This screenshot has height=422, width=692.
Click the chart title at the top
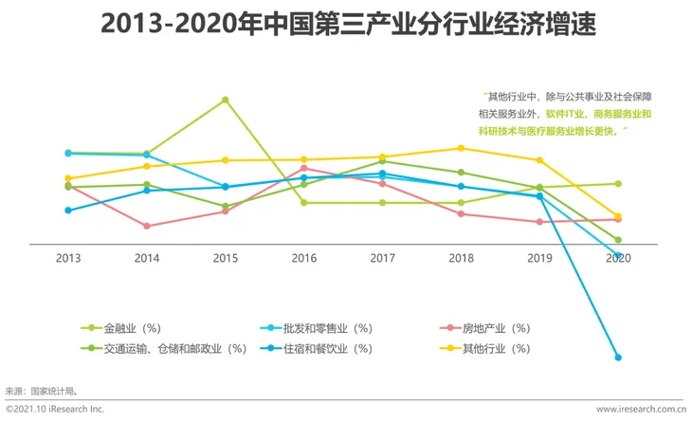coord(346,23)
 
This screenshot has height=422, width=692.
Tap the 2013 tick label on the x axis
coord(67,258)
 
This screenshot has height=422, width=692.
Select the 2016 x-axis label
coord(303,258)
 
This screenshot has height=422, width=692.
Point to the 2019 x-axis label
coord(539,258)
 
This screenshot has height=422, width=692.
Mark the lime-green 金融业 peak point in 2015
coord(225,100)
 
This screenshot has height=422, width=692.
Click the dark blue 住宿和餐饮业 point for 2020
coord(618,358)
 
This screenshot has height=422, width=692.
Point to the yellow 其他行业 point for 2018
coord(461,148)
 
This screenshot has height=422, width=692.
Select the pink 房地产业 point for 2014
coord(146,226)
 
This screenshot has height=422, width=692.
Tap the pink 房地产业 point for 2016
coord(303,168)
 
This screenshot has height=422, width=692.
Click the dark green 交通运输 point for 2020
coord(618,240)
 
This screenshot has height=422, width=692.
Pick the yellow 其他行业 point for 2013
coord(67,178)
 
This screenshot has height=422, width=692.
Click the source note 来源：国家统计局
coord(42,390)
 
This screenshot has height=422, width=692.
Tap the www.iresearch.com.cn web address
coord(640,410)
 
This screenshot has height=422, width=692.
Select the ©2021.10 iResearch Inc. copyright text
coord(55,410)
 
